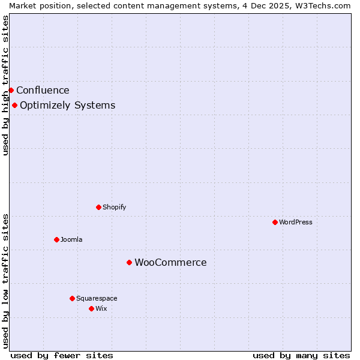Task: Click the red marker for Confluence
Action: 11,90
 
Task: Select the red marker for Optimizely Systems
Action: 14,106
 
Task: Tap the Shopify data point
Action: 98,207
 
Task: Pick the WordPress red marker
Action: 275,222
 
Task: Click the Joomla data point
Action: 56,239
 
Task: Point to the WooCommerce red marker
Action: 129,262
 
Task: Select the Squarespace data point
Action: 72,298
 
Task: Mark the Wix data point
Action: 91,308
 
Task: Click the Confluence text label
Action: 43,91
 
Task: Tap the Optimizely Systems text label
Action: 67,106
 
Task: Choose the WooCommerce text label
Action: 170,263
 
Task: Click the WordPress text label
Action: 296,222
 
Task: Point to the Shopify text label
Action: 114,208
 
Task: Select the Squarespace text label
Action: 97,298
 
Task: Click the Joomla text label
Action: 71,240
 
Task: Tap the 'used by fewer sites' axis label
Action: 62,355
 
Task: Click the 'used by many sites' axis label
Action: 301,355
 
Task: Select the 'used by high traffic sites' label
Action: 5,85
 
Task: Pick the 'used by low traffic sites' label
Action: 5,281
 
